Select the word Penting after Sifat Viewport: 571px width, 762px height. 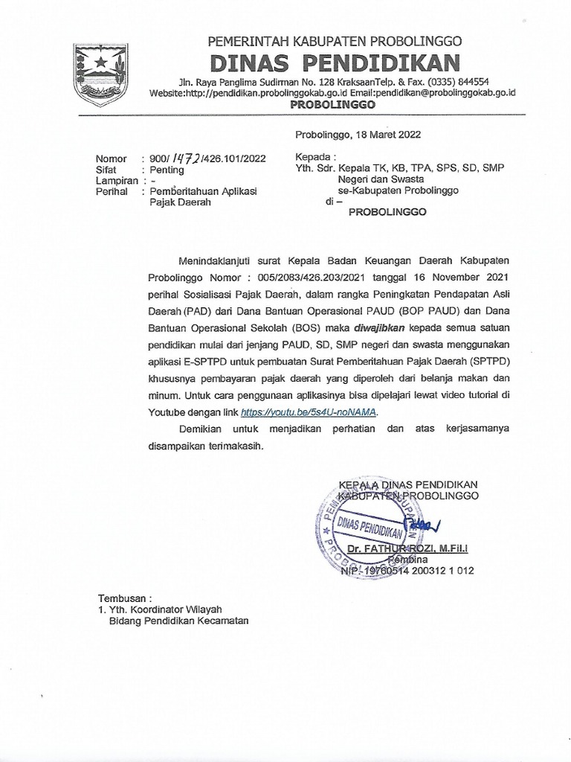click(x=167, y=169)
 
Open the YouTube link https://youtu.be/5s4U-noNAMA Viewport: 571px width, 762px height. click(x=310, y=412)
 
